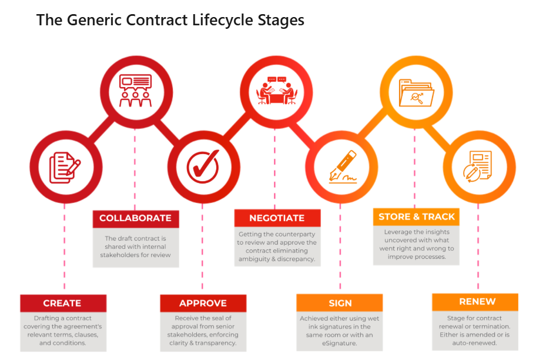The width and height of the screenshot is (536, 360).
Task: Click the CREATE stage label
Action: point(62,304)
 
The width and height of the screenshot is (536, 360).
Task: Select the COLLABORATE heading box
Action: point(135,218)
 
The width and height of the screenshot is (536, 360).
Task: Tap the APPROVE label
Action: point(203,304)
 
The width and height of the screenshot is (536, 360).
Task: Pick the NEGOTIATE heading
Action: point(277,218)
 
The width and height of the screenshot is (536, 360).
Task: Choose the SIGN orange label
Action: point(340,304)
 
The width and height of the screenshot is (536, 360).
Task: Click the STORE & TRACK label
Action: point(417,216)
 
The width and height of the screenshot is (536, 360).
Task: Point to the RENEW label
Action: point(477,302)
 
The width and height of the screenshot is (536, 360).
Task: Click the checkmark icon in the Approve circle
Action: point(202,165)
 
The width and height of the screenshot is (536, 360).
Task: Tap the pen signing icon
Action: point(342,165)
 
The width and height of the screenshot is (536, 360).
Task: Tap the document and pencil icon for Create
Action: point(65,166)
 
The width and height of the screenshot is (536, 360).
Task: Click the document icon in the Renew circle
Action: point(478,164)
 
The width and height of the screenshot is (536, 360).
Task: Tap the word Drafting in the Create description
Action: point(48,319)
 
